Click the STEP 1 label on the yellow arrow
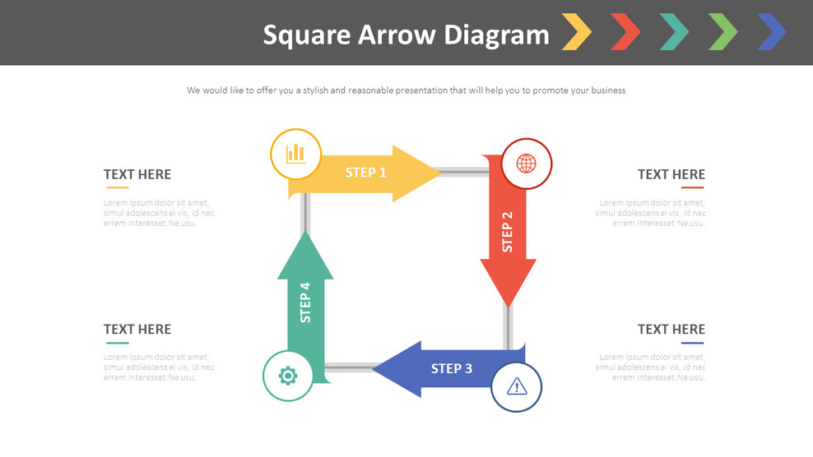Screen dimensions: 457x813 click(365, 173)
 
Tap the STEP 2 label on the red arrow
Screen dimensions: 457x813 click(507, 232)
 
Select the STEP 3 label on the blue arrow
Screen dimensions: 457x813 click(452, 368)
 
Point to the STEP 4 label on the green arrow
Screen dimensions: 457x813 click(305, 302)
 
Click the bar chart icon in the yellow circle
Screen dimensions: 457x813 click(295, 153)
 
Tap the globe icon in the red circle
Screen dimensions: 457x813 click(526, 163)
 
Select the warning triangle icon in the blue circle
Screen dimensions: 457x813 click(517, 385)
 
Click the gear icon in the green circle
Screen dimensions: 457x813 click(287, 376)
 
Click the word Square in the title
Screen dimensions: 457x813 click(306, 35)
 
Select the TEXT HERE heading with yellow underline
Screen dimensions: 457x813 click(137, 174)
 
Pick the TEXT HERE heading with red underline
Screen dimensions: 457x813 click(671, 174)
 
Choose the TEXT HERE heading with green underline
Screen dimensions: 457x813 click(137, 330)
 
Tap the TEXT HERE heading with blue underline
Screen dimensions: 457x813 click(671, 330)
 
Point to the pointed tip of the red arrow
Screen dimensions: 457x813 click(508, 305)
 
